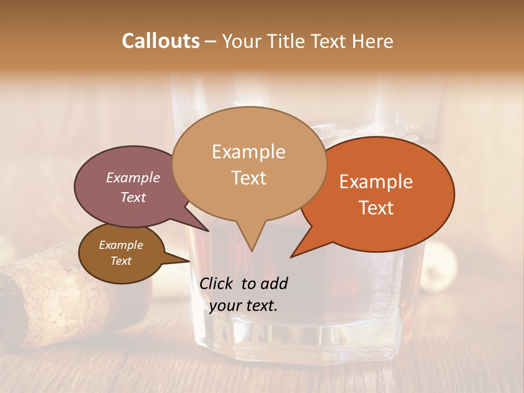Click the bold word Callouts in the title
(x=160, y=41)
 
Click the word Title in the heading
(x=285, y=41)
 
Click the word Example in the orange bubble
(x=376, y=182)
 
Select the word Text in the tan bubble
(x=249, y=178)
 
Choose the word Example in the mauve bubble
(x=133, y=177)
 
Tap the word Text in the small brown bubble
(x=121, y=261)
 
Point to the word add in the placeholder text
(x=275, y=283)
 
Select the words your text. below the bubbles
(x=243, y=306)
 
